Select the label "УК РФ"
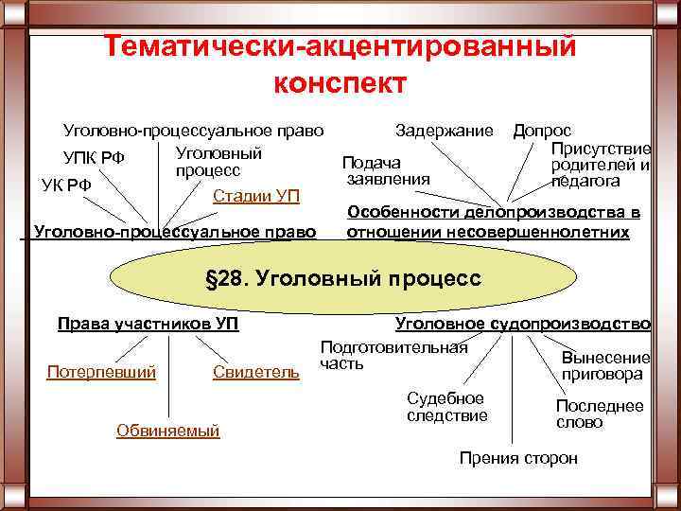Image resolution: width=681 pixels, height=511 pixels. [67, 184]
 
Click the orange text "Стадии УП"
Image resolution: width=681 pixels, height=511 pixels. [256, 196]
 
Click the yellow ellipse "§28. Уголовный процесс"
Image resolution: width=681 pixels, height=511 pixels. [343, 279]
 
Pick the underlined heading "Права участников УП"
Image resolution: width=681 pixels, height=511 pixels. [148, 324]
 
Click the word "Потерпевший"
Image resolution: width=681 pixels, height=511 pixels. [101, 372]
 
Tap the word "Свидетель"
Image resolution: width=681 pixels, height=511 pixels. [255, 373]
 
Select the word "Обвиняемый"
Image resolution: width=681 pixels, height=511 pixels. [167, 431]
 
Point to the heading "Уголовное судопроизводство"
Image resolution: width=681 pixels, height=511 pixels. [522, 324]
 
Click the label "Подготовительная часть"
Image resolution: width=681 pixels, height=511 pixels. [394, 355]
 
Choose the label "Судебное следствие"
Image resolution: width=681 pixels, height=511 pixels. [446, 406]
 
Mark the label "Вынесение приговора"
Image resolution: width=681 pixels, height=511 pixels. [605, 366]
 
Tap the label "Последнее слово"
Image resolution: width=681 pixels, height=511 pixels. [599, 414]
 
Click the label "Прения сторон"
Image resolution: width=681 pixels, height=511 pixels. [517, 458]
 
